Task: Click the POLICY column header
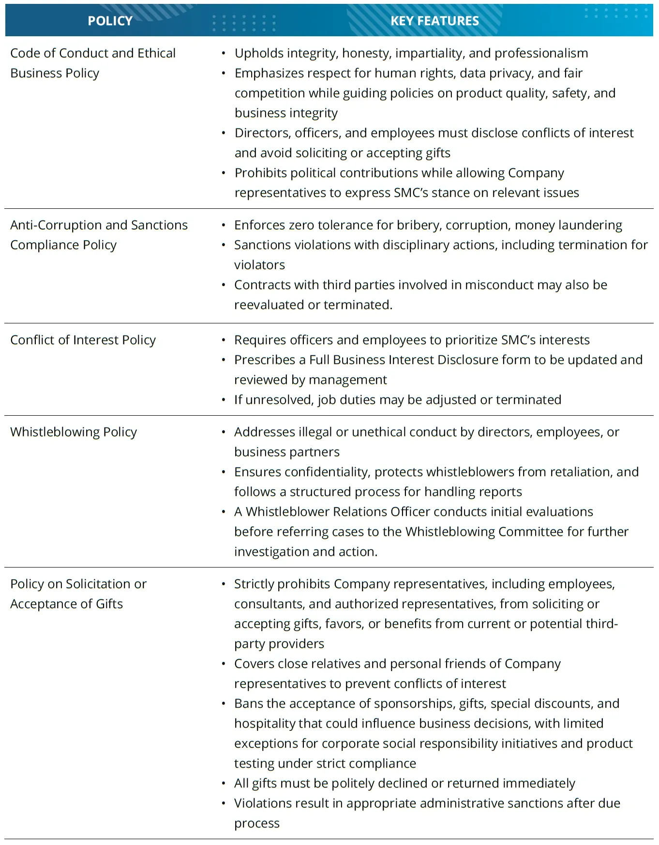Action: pyautogui.click(x=110, y=21)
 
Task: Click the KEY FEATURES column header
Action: pyautogui.click(x=434, y=21)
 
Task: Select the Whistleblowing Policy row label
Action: pyautogui.click(x=74, y=432)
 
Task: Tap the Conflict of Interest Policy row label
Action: pyautogui.click(x=83, y=340)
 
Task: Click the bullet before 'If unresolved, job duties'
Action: pyautogui.click(x=224, y=400)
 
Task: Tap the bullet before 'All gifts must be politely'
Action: pyautogui.click(x=224, y=783)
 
